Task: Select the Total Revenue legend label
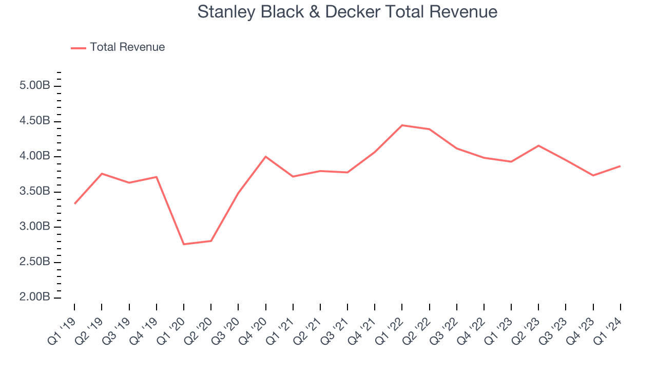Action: point(127,47)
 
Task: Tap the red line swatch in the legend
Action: point(78,48)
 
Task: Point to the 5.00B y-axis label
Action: point(34,86)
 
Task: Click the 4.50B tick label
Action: point(34,121)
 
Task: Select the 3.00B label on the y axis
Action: point(34,227)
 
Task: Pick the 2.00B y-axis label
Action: point(34,298)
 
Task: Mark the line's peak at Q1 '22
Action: point(402,125)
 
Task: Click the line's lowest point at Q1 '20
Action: point(184,244)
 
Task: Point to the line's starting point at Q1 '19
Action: point(74,203)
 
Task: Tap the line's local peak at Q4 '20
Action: point(265,156)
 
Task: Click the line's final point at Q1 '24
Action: point(620,166)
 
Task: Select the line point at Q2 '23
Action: point(538,145)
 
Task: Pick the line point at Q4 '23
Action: point(593,175)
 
